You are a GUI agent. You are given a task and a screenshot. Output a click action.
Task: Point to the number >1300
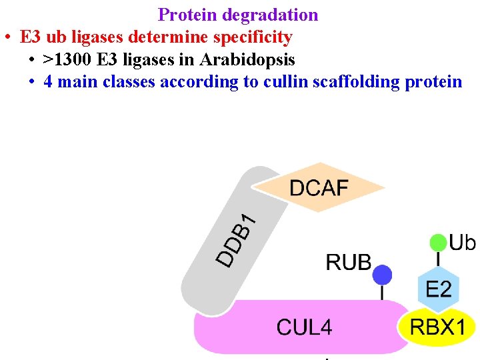click(x=67, y=59)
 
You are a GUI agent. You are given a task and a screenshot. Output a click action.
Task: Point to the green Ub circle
click(x=438, y=242)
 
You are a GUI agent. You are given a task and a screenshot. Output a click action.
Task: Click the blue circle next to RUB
click(x=382, y=274)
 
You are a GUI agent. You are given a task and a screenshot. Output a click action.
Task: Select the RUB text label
click(x=348, y=262)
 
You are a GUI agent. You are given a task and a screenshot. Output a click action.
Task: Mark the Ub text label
click(x=462, y=242)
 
